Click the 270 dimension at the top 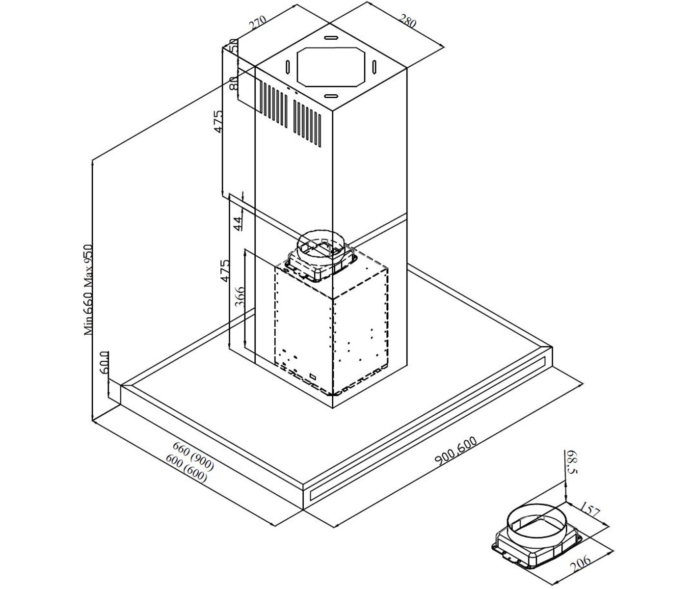[257, 23]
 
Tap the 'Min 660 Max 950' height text [88, 290]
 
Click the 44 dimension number [238, 224]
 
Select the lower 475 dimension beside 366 [224, 270]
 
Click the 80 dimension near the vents [234, 82]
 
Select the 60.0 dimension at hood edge [104, 362]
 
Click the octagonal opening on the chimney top [331, 66]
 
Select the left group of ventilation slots [273, 105]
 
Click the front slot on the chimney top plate [331, 96]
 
